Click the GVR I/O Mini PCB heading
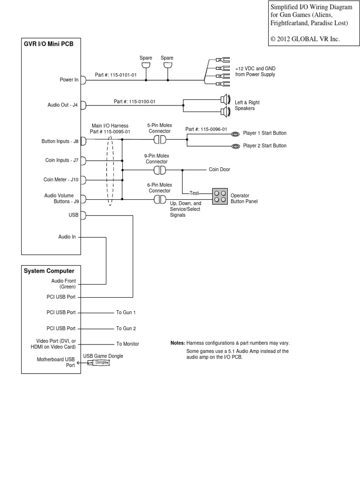pyautogui.click(x=48, y=45)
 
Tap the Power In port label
pyautogui.click(x=69, y=80)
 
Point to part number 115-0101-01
pyautogui.click(x=116, y=75)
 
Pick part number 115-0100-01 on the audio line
pyautogui.click(x=135, y=101)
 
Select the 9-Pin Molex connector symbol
pyautogui.click(x=160, y=170)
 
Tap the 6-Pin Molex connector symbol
pyautogui.click(x=160, y=200)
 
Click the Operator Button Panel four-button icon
pyautogui.click(x=219, y=196)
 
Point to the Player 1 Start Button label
pyautogui.click(x=264, y=133)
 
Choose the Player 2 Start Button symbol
pyautogui.click(x=235, y=146)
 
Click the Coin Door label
pyautogui.click(x=219, y=170)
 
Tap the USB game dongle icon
pyautogui.click(x=99, y=362)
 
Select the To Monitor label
pyautogui.click(x=127, y=344)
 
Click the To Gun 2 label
pyautogui.click(x=126, y=329)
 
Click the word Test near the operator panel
pyautogui.click(x=194, y=193)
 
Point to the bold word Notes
pyautogui.click(x=178, y=343)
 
